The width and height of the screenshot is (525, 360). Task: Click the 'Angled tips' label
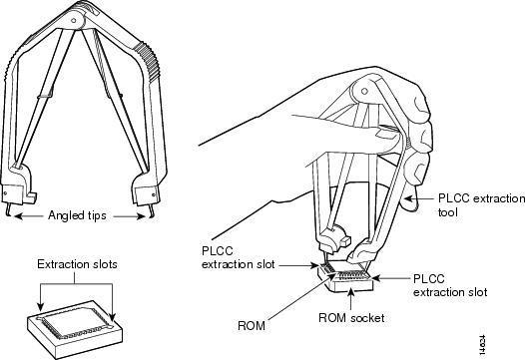(x=77, y=215)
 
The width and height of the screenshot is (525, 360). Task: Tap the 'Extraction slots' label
(x=77, y=264)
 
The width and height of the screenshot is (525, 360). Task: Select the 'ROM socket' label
(x=351, y=318)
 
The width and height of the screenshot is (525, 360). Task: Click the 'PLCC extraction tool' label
(x=481, y=205)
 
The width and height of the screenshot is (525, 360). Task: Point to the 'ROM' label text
(x=252, y=325)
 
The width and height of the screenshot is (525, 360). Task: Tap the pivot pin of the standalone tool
(x=73, y=20)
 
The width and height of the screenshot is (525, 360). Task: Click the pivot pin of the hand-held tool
(x=364, y=91)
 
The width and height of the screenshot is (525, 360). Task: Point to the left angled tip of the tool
(x=8, y=209)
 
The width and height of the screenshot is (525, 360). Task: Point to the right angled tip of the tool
(x=152, y=211)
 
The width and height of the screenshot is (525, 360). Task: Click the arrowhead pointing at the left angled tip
(x=18, y=216)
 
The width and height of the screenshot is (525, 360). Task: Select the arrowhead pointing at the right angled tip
(x=142, y=216)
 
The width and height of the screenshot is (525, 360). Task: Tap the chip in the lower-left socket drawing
(x=75, y=321)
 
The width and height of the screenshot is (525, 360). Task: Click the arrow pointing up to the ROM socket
(x=350, y=298)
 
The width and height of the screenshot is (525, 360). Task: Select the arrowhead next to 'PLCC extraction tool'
(x=408, y=198)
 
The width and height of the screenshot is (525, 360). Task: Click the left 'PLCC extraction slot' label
(x=239, y=257)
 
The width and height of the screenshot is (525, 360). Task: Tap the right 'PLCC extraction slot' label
(x=450, y=285)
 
